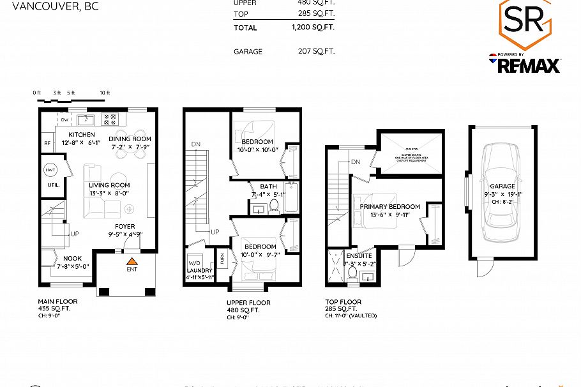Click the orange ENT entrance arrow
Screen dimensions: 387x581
point(132,261)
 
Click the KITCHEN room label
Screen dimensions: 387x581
point(81,134)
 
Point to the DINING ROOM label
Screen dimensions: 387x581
point(130,139)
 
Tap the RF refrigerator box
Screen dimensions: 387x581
point(47,143)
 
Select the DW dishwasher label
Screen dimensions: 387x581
point(64,119)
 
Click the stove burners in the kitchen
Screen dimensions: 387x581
point(110,119)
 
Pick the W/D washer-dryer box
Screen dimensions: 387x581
point(195,262)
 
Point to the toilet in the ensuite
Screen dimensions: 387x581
point(352,273)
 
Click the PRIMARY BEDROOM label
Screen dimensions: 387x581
point(389,207)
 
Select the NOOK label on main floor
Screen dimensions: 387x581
point(72,259)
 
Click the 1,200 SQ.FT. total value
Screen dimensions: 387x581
point(313,27)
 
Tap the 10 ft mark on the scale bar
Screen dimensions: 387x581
point(105,93)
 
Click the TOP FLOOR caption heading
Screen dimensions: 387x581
point(343,302)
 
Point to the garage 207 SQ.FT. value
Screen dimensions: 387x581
point(313,51)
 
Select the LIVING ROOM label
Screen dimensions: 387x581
point(110,185)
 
